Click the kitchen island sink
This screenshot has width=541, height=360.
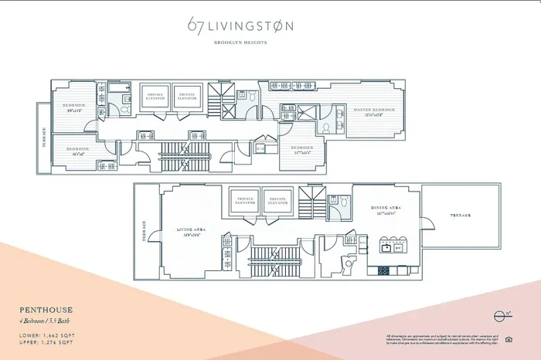point(386,249)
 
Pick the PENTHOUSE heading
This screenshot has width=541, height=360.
point(46,311)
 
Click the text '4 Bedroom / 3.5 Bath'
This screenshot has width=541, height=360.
point(53,321)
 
